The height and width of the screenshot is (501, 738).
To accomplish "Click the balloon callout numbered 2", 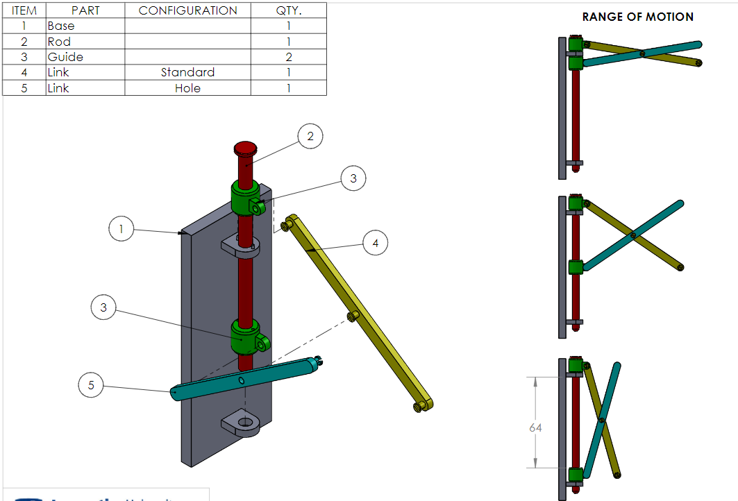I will [310, 137].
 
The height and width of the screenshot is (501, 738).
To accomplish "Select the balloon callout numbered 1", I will [121, 228].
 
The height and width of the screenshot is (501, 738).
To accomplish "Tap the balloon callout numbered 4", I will [376, 243].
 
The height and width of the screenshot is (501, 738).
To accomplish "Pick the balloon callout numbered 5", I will [91, 384].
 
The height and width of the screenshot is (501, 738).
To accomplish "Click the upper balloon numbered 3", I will [353, 179].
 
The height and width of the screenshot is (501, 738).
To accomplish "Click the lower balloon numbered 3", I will [103, 307].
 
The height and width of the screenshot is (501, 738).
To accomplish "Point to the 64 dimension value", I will [535, 428].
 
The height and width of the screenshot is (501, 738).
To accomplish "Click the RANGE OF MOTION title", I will [637, 17].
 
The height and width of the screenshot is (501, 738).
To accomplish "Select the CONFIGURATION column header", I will [187, 10].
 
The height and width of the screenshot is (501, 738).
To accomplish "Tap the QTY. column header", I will [288, 10].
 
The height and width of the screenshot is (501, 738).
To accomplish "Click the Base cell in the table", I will [61, 26].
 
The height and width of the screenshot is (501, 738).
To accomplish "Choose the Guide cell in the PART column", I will [62, 57].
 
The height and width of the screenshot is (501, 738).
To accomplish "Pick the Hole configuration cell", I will [187, 88].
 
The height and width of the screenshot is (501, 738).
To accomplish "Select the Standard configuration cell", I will [187, 72].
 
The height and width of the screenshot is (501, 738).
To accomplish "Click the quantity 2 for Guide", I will [288, 57].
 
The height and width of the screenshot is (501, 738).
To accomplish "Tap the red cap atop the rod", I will [245, 148].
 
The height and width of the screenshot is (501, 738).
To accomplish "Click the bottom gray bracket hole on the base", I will [244, 422].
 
